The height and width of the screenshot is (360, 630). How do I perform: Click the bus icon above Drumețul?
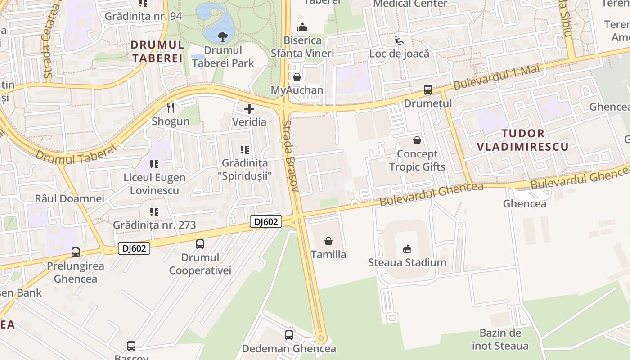(427, 90)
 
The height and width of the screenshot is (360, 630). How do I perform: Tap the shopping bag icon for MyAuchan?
(297, 77)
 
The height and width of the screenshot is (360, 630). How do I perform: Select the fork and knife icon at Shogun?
(171, 108)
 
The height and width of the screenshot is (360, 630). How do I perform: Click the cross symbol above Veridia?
(249, 109)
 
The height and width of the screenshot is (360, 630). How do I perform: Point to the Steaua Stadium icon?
(407, 249)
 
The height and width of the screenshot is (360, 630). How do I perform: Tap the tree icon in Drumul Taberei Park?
(222, 36)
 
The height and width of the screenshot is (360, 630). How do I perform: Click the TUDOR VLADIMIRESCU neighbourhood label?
(522, 140)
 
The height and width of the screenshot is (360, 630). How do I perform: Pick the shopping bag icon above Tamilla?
(328, 241)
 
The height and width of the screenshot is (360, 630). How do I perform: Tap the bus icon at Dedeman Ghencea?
(289, 335)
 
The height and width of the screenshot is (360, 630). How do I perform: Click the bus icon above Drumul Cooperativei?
(200, 244)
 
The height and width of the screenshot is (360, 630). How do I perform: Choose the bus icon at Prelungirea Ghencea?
(76, 252)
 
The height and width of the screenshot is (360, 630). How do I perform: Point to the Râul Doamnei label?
(70, 198)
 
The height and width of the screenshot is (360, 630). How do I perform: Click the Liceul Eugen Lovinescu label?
(154, 184)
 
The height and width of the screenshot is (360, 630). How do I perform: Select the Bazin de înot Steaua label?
(500, 339)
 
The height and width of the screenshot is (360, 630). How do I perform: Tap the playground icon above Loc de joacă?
(399, 41)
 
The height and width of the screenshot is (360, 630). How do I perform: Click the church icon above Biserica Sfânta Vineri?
(302, 27)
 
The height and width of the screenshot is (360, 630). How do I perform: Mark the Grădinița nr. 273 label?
(154, 225)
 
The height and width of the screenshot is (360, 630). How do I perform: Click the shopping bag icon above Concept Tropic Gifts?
(417, 140)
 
